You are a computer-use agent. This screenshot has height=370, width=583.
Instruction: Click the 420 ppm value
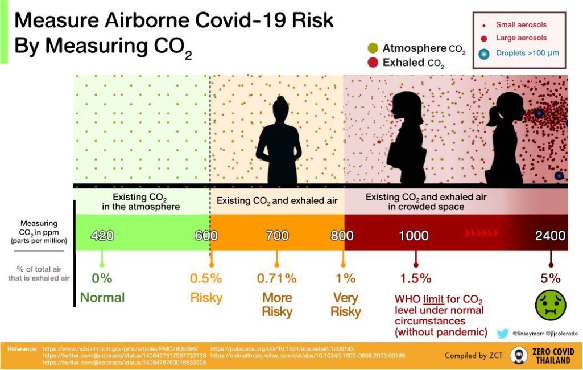(x=102, y=235)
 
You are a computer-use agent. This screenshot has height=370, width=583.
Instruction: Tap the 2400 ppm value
(x=550, y=235)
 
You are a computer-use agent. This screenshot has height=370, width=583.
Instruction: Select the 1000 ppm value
(x=414, y=235)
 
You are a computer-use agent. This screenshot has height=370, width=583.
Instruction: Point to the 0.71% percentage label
(x=276, y=278)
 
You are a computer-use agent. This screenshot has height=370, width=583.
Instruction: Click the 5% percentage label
(x=551, y=278)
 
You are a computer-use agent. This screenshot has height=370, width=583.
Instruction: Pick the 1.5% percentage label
(x=415, y=278)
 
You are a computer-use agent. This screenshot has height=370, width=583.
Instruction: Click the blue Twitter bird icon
(x=502, y=333)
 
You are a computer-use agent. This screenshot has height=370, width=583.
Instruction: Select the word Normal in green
(x=102, y=298)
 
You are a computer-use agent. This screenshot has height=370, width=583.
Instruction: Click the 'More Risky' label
(x=277, y=305)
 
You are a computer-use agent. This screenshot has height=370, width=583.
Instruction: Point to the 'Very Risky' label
(x=345, y=305)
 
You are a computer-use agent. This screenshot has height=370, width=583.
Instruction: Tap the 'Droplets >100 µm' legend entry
(x=520, y=54)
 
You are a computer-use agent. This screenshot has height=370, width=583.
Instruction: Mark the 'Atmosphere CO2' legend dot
(x=373, y=48)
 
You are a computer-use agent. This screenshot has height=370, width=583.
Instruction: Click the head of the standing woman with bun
(x=280, y=106)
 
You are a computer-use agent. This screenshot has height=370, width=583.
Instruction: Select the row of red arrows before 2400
(x=481, y=233)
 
